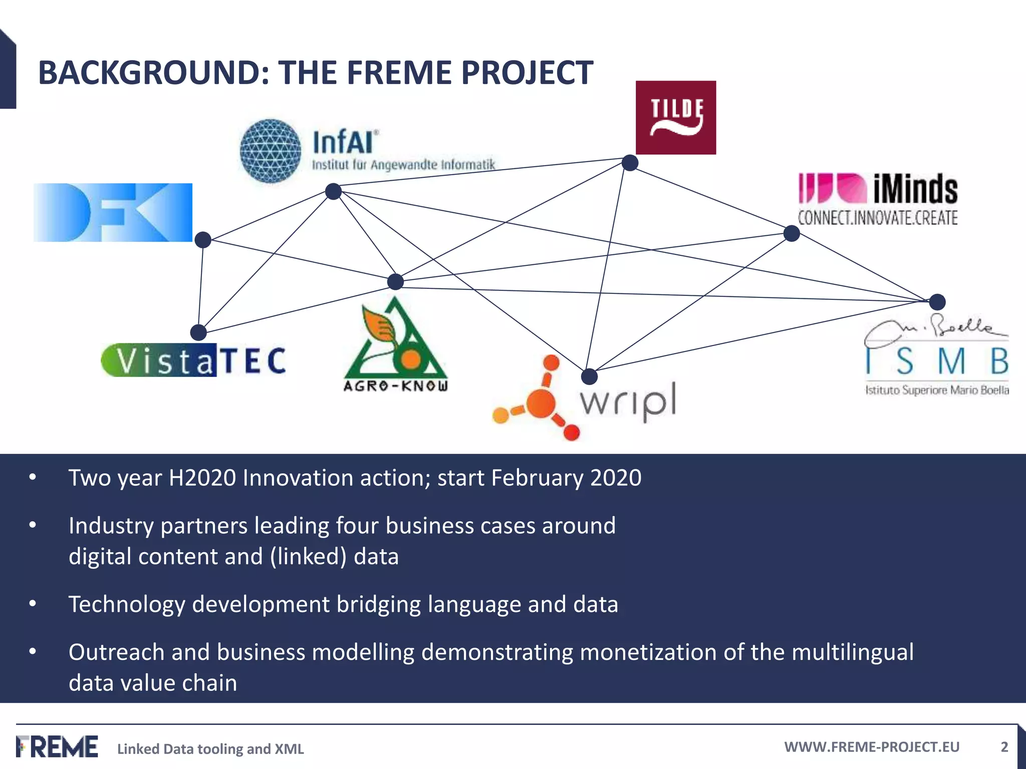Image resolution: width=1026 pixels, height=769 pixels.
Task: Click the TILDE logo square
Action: point(675,117)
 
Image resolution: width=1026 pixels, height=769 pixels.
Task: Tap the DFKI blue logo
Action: point(113,212)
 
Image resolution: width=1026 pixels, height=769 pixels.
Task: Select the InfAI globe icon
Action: point(271,150)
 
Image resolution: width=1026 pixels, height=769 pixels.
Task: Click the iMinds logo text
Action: point(915,189)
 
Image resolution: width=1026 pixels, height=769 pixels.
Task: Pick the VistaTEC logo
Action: point(193,360)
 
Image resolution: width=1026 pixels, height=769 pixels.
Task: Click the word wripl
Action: point(628,402)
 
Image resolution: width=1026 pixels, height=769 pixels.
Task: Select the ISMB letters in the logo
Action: point(936,361)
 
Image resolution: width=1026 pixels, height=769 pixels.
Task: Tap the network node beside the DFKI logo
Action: point(203,240)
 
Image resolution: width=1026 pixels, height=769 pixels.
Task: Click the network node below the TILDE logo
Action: point(630,163)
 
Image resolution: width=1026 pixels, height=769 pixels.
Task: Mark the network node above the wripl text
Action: point(590,376)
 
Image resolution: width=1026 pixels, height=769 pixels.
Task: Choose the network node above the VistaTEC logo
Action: point(199,332)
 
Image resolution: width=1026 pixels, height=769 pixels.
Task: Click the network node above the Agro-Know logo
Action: point(396,282)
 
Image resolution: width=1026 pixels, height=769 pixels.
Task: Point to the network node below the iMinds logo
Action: point(792,233)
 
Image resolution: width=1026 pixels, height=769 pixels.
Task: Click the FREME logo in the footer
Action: point(57,746)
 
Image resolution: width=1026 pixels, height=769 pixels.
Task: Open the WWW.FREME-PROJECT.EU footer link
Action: point(872,747)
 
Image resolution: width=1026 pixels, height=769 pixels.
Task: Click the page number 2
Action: point(1004,747)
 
